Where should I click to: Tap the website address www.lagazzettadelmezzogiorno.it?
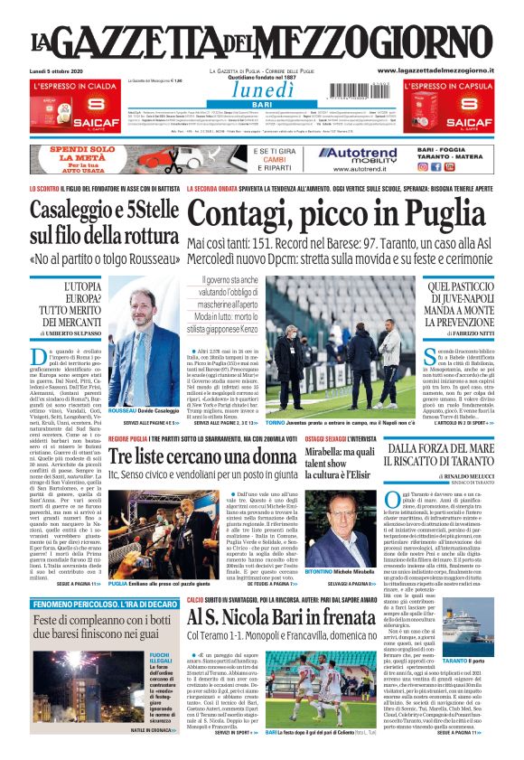point(429,70)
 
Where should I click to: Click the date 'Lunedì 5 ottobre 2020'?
point(59,70)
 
